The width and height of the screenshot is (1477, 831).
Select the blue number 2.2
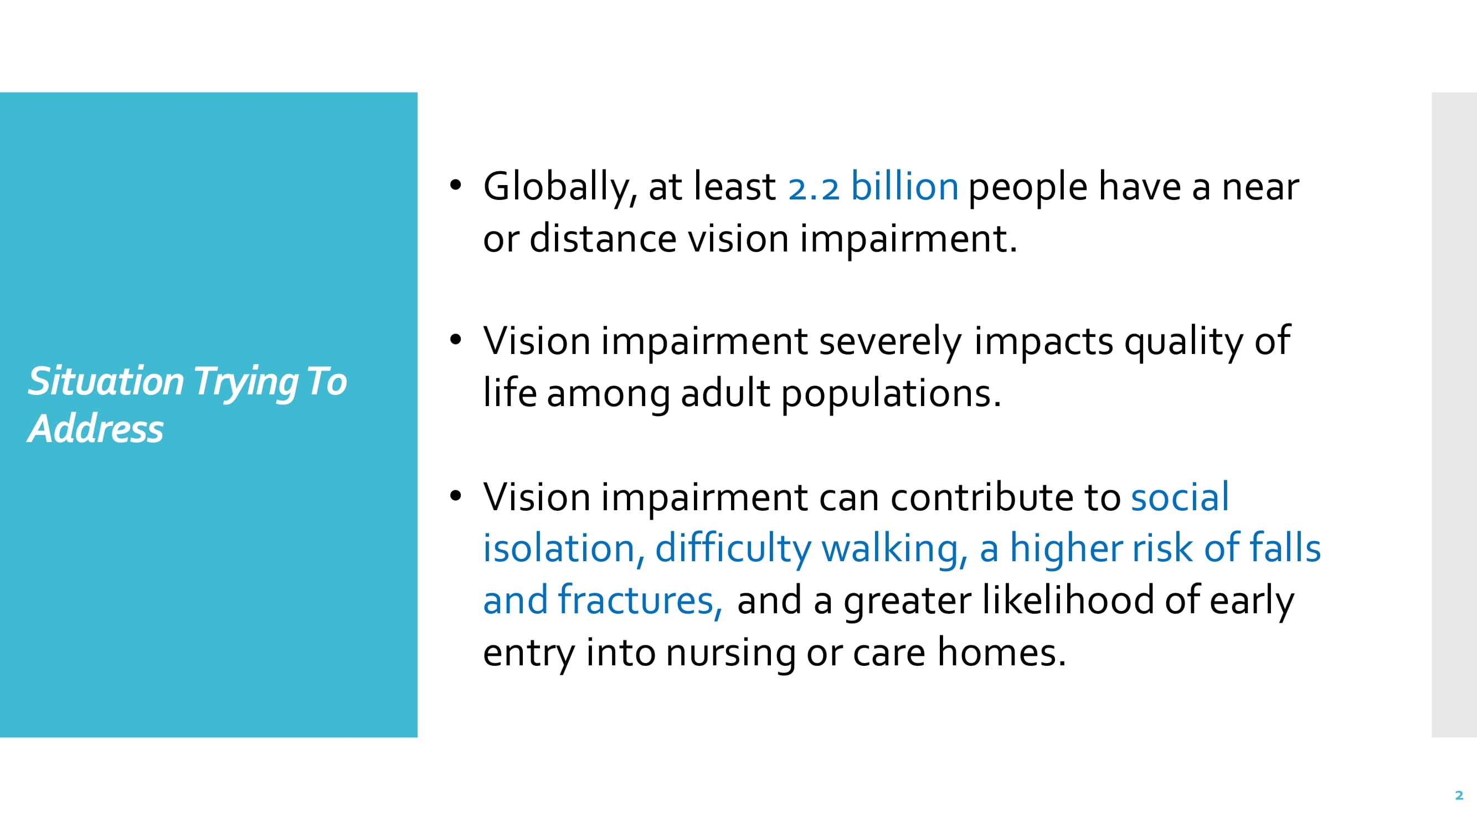click(x=814, y=188)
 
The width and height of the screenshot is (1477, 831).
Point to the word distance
click(x=603, y=239)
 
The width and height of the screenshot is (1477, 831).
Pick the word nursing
click(x=730, y=654)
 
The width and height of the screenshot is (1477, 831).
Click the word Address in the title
click(x=96, y=428)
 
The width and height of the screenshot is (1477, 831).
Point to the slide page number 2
click(x=1459, y=796)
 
